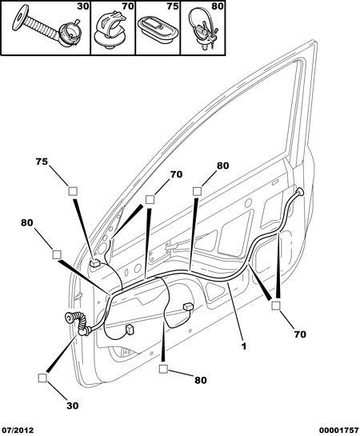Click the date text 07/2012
point(17,430)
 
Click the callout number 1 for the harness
point(243,346)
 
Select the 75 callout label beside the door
point(42,162)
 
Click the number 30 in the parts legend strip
point(83,6)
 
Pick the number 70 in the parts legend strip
point(128,6)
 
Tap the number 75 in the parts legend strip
point(173,6)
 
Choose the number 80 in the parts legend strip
point(218,6)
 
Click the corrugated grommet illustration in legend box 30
point(45,26)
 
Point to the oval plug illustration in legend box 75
point(157,29)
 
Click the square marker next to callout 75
point(73,191)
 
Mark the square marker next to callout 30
point(42,378)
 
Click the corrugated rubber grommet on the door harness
point(78,323)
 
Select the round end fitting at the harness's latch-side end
point(300,191)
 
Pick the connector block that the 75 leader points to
point(95,262)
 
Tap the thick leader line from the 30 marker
point(62,354)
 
